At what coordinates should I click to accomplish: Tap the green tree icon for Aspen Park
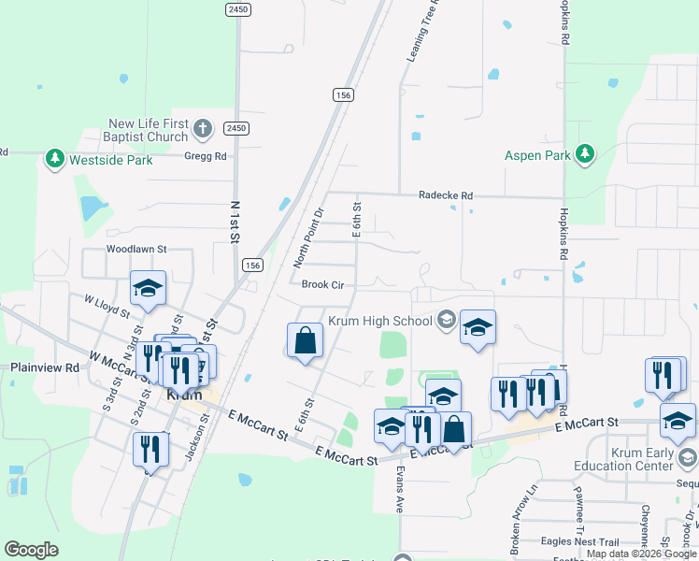pyautogui.click(x=585, y=154)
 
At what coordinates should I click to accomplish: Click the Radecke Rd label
pyautogui.click(x=446, y=195)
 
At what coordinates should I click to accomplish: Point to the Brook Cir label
pyautogui.click(x=322, y=284)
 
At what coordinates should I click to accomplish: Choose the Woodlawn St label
pyautogui.click(x=136, y=250)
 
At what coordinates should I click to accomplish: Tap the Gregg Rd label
pyautogui.click(x=206, y=157)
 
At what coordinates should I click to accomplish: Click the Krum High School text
pyautogui.click(x=379, y=321)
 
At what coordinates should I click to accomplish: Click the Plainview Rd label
pyautogui.click(x=45, y=368)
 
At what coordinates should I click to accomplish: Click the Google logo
pyautogui.click(x=31, y=549)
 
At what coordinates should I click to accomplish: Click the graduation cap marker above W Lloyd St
pyautogui.click(x=148, y=289)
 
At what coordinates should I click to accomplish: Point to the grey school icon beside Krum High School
pyautogui.click(x=446, y=321)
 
